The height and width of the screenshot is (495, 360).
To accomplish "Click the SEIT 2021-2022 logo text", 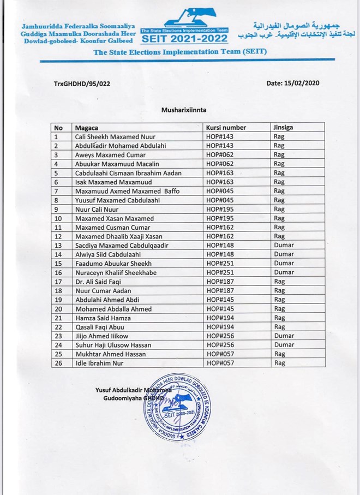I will click(185, 39).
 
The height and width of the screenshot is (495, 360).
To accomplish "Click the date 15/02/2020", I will click(292, 84).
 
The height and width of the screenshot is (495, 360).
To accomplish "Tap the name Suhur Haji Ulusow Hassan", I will click(113, 345).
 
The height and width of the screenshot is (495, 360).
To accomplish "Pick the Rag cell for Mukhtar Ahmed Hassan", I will click(279, 354).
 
